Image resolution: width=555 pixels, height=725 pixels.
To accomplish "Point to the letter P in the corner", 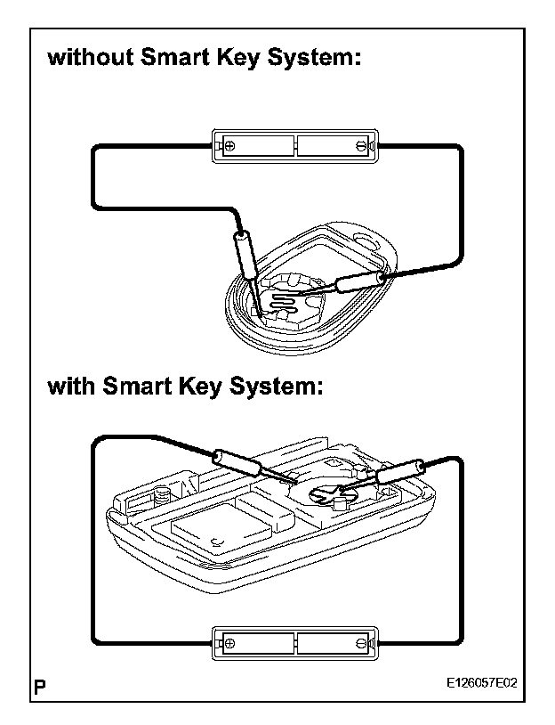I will (x=41, y=687).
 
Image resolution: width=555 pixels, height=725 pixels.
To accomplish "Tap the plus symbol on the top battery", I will (x=229, y=145).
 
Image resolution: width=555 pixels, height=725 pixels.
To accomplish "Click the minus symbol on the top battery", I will (x=360, y=145).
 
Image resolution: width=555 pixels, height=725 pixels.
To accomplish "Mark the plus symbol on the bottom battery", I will (x=229, y=641).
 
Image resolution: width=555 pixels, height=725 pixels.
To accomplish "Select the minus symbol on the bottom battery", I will (x=360, y=641).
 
